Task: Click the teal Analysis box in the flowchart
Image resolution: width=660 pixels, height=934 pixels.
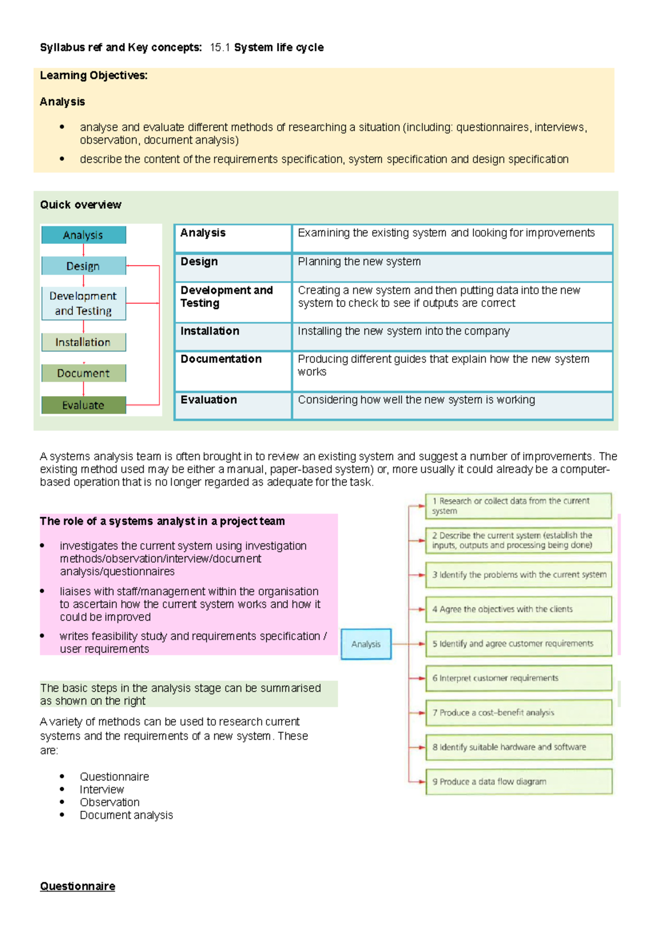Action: [x=84, y=235]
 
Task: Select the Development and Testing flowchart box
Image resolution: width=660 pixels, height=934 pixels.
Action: [x=84, y=303]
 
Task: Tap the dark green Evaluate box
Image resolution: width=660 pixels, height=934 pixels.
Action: [x=84, y=405]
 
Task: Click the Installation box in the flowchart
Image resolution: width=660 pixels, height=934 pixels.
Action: [x=84, y=342]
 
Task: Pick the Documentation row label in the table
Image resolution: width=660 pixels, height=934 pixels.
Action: [x=221, y=359]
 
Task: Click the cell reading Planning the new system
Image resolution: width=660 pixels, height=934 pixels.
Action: [x=359, y=262]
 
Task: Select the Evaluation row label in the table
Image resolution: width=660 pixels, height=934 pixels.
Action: [x=209, y=400]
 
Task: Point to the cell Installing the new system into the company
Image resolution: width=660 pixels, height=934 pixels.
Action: [x=404, y=331]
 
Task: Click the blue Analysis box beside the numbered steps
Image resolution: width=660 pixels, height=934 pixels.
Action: [x=366, y=644]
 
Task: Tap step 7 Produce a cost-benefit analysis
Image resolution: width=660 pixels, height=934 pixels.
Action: [x=518, y=712]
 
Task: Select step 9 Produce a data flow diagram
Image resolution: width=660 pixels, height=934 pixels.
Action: [x=518, y=781]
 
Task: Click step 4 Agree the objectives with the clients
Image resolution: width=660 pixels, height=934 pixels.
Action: [x=518, y=609]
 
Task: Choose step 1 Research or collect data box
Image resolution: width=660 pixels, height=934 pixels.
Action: [x=518, y=506]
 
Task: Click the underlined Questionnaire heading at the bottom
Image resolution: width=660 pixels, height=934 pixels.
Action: [x=78, y=886]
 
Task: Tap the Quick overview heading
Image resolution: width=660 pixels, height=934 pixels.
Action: [x=81, y=205]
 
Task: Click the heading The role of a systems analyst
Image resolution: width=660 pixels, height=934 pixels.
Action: [x=162, y=521]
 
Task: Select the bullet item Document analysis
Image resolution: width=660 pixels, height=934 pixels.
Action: [x=126, y=815]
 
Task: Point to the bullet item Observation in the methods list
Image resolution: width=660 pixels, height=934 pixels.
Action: [x=109, y=802]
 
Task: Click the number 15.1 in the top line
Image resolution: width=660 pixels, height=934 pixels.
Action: [x=219, y=48]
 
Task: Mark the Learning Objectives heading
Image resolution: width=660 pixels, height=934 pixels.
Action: [x=94, y=75]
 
